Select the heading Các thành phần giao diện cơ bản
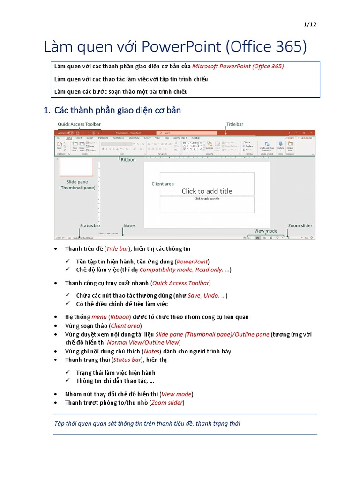pyautogui.click(x=118, y=111)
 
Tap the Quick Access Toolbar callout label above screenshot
pyautogui.click(x=79, y=124)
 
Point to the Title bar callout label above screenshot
pyautogui.click(x=235, y=124)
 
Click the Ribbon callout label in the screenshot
pyautogui.click(x=128, y=160)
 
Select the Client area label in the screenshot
pyautogui.click(x=163, y=184)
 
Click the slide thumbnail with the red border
pyautogui.click(x=76, y=167)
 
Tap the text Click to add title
pyautogui.click(x=207, y=191)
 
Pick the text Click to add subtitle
pyautogui.click(x=207, y=199)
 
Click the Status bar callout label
pyautogui.click(x=90, y=225)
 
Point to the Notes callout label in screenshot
pyautogui.click(x=129, y=225)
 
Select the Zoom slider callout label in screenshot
pyautogui.click(x=300, y=225)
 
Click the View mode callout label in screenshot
pyautogui.click(x=265, y=231)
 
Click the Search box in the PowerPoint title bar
pyautogui.click(x=186, y=133)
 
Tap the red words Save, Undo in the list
pyautogui.click(x=207, y=295)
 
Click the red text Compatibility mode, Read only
pyautogui.click(x=184, y=270)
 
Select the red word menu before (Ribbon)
pyautogui.click(x=99, y=317)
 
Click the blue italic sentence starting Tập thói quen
pyautogui.click(x=147, y=424)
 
